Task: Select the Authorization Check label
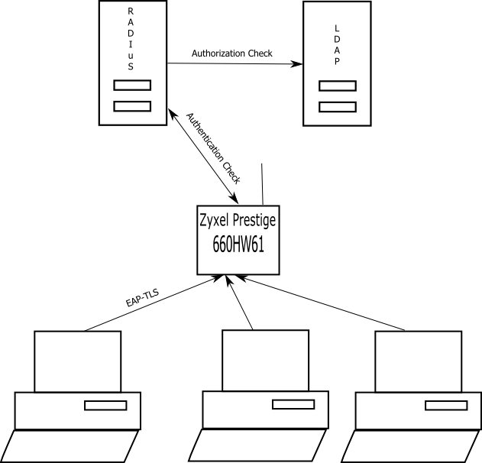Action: tap(231, 54)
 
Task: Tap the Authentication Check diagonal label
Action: tap(215, 149)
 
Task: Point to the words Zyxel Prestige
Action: tap(237, 221)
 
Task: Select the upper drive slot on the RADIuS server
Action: tap(132, 86)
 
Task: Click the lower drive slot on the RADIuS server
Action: tap(132, 106)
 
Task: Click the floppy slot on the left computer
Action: tap(106, 405)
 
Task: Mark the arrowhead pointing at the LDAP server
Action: tap(296, 65)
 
